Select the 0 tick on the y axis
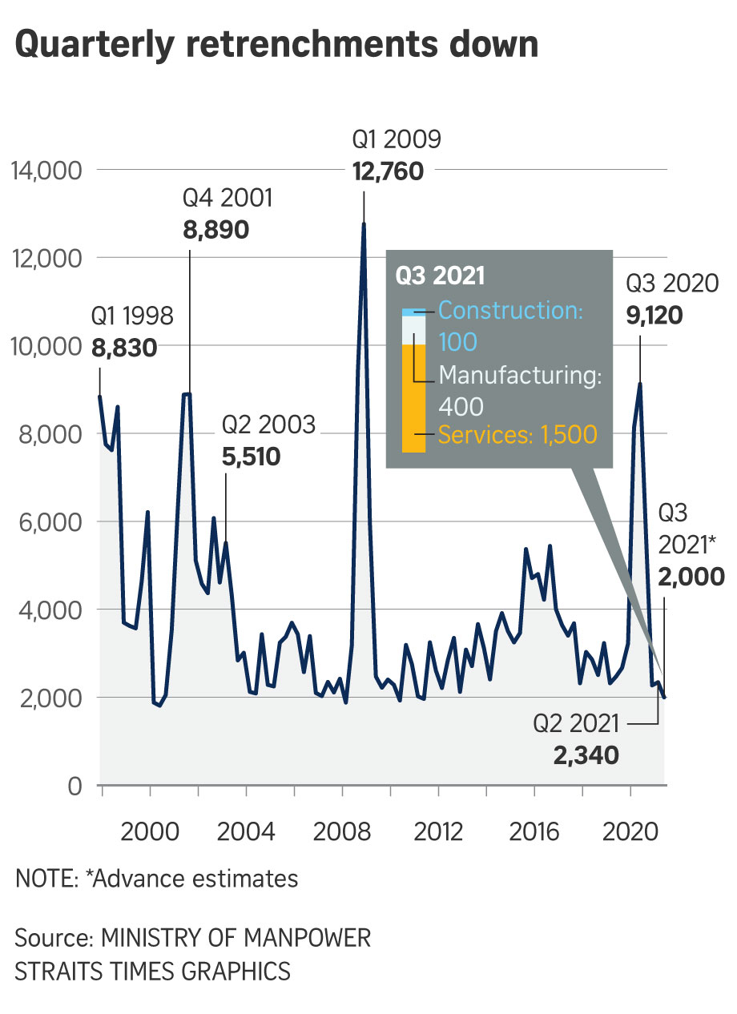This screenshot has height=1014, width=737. point(75,786)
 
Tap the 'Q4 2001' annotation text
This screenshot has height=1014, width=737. point(228,198)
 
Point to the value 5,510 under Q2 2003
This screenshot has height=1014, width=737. point(250,458)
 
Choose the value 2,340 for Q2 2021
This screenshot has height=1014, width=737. point(586,754)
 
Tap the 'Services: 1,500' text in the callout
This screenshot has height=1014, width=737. point(518,435)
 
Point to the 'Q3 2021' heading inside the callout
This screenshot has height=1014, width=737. point(441,276)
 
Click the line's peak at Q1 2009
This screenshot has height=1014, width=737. point(364,223)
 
